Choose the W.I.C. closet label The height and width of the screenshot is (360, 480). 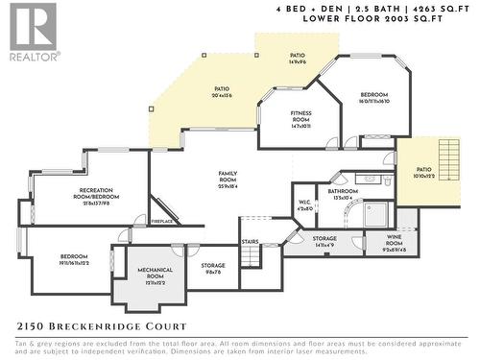[305, 204]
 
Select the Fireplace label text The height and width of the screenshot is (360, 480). [163, 222]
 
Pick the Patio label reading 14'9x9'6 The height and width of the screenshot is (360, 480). [298, 59]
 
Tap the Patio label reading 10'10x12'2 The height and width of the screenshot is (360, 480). [424, 173]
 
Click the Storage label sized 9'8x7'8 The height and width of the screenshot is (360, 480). [213, 269]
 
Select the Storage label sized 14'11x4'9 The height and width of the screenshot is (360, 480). [324, 241]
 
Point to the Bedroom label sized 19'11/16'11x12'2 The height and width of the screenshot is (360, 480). [74, 259]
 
